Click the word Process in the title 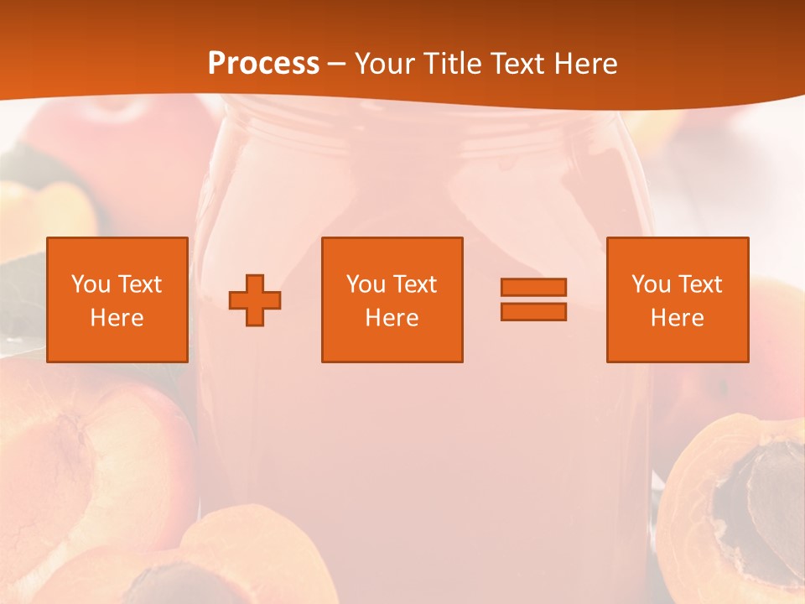[x=263, y=64]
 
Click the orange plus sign [x=255, y=300]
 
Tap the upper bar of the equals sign [x=533, y=287]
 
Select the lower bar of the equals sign [x=533, y=311]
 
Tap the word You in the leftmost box [x=91, y=284]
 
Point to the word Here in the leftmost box [x=117, y=318]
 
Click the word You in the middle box [x=366, y=284]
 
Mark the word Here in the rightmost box [x=678, y=318]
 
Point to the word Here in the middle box [x=392, y=318]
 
